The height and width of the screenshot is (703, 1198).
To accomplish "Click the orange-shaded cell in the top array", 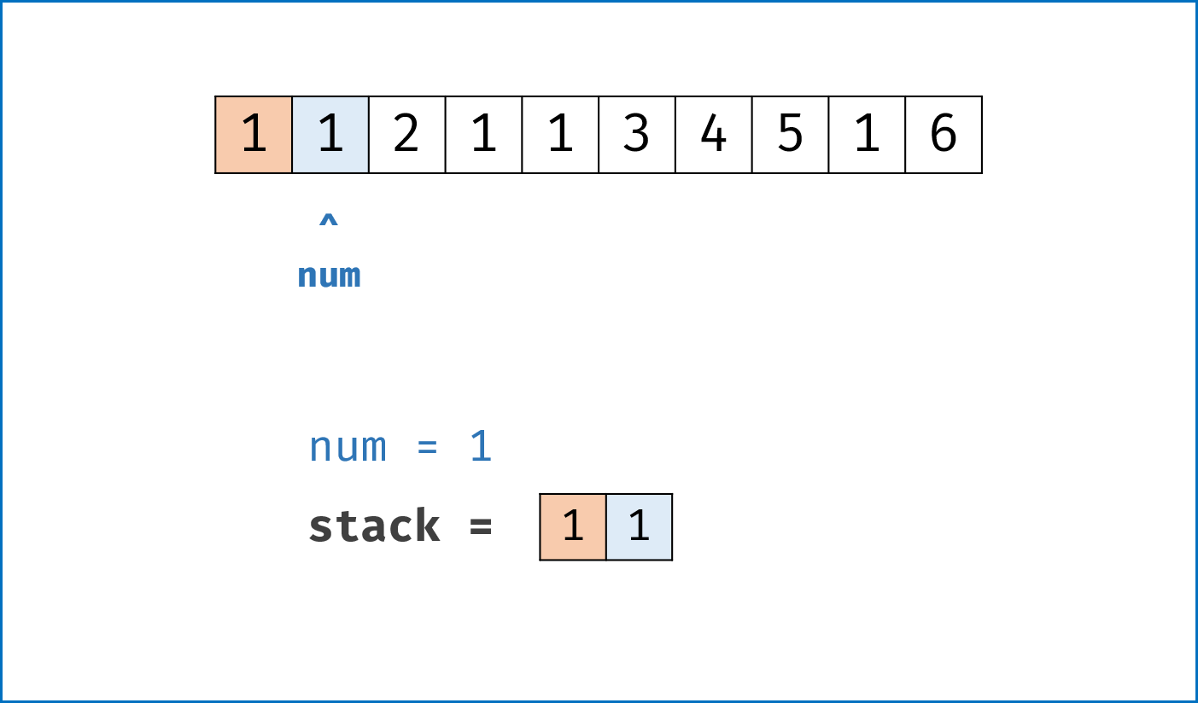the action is pyautogui.click(x=254, y=135).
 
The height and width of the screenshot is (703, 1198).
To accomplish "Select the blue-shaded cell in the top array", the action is pyautogui.click(x=330, y=135).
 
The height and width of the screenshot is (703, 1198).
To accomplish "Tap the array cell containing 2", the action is pyautogui.click(x=407, y=135).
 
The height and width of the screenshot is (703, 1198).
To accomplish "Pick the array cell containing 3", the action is pyautogui.click(x=637, y=135).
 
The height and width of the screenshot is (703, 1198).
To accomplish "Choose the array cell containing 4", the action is pyautogui.click(x=714, y=135).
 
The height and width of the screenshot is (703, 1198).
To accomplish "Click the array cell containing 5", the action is pyautogui.click(x=791, y=135).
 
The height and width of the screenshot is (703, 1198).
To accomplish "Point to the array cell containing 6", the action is pyautogui.click(x=944, y=135).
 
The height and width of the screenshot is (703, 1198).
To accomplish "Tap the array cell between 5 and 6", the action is pyautogui.click(x=867, y=135).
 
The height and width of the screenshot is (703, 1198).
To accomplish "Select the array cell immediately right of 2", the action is pyautogui.click(x=483, y=135).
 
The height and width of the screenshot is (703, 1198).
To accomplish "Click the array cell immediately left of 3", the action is pyautogui.click(x=560, y=135).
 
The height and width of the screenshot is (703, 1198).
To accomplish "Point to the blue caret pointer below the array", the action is pyautogui.click(x=329, y=220).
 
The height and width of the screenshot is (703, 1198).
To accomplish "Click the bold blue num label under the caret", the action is pyautogui.click(x=329, y=276).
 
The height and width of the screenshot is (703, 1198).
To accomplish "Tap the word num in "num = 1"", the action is pyautogui.click(x=348, y=447).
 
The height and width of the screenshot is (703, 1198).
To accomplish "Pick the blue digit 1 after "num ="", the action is pyautogui.click(x=481, y=445).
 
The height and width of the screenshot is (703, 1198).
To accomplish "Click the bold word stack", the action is pyautogui.click(x=374, y=526).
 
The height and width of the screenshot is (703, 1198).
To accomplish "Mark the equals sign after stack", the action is pyautogui.click(x=481, y=526).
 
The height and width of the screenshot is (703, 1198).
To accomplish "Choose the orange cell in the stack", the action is pyautogui.click(x=573, y=527).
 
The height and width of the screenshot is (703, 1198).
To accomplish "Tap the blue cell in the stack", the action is pyautogui.click(x=639, y=527).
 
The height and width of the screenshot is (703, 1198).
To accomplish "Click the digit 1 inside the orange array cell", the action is pyautogui.click(x=254, y=134).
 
